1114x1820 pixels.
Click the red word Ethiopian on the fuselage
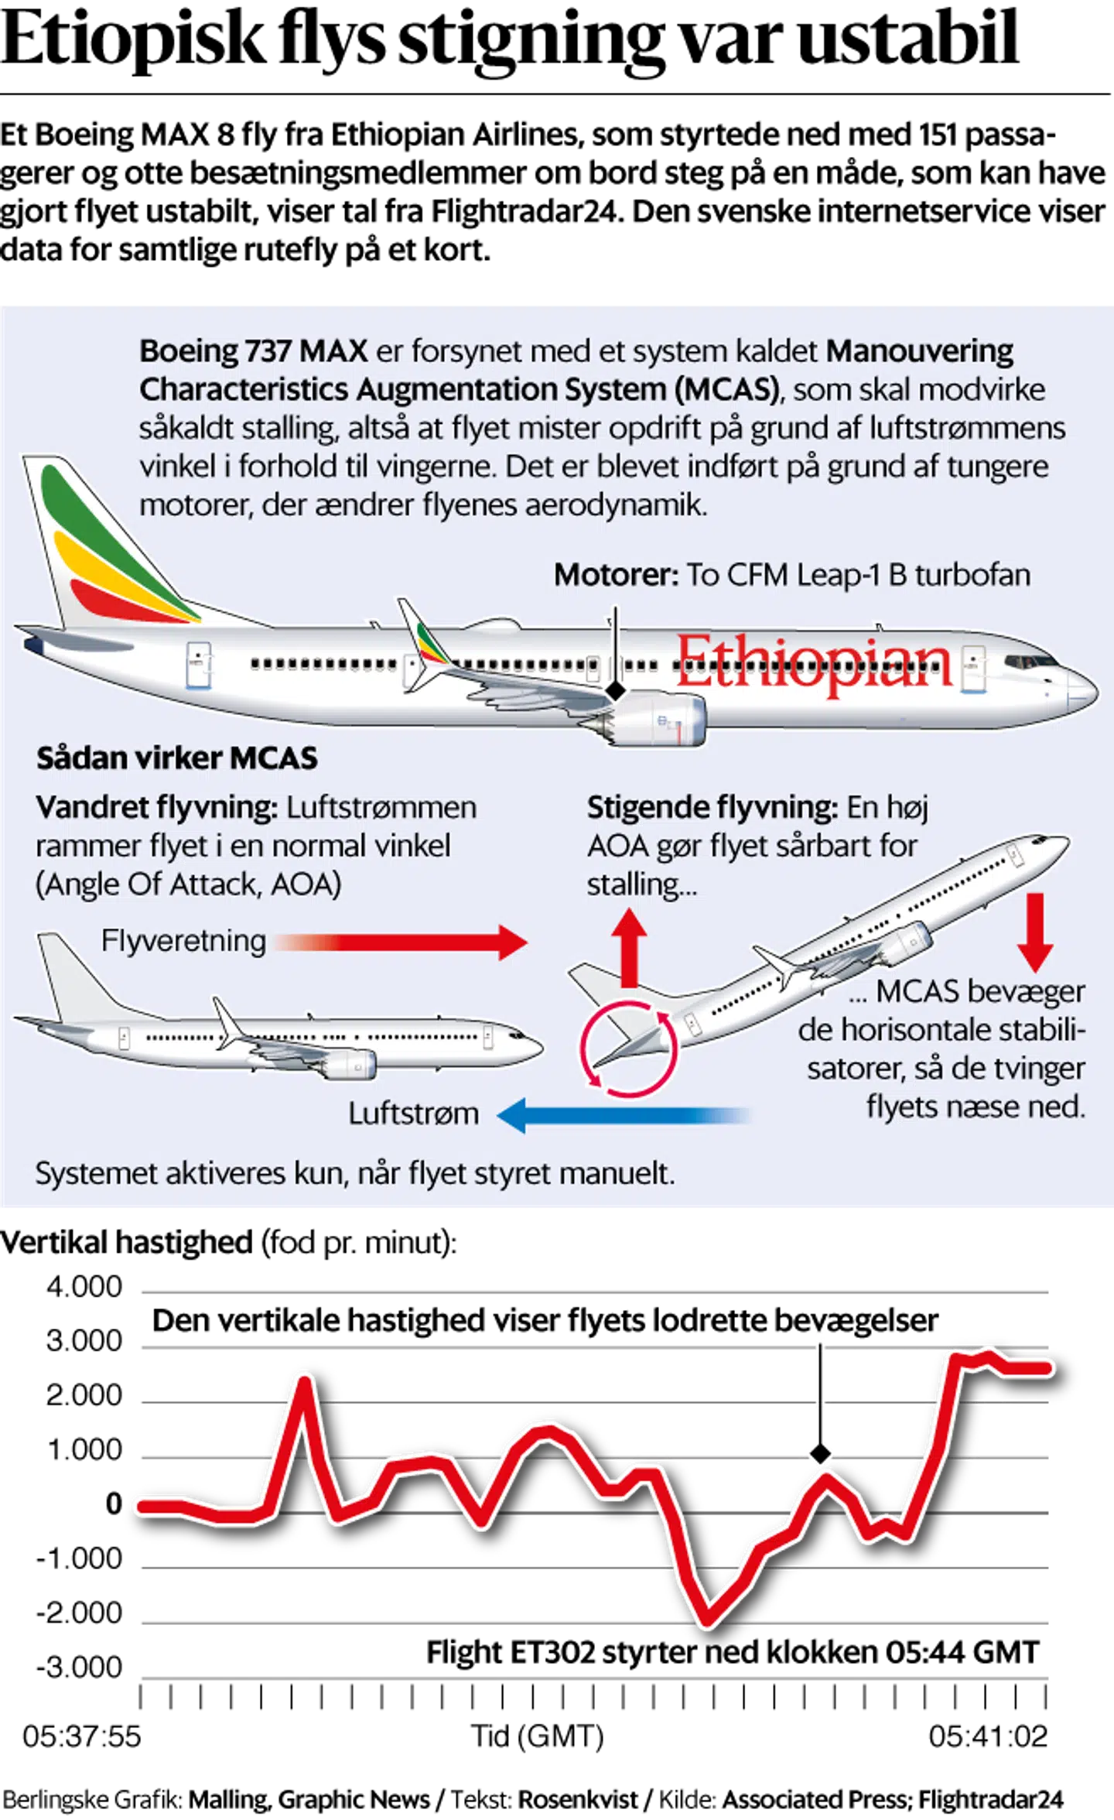pyautogui.click(x=814, y=664)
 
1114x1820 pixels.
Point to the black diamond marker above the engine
pyautogui.click(x=614, y=690)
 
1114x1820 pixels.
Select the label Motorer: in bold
pyautogui.click(x=616, y=576)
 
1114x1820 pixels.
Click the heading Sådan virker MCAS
pyautogui.click(x=176, y=758)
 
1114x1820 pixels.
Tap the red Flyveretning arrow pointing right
pyautogui.click(x=402, y=942)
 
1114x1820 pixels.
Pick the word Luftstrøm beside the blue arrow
pyautogui.click(x=413, y=1114)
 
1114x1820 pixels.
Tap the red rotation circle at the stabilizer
pyautogui.click(x=629, y=1049)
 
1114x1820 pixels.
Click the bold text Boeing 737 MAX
pyautogui.click(x=253, y=352)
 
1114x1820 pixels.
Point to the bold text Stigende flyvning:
pyautogui.click(x=712, y=808)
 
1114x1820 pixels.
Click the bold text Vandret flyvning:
pyautogui.click(x=156, y=808)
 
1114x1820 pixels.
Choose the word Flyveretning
pyautogui.click(x=183, y=942)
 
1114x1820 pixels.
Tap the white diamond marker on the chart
pyautogui.click(x=820, y=1456)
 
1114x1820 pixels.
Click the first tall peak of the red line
pyautogui.click(x=306, y=1380)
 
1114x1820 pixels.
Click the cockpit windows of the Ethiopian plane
pyautogui.click(x=1030, y=662)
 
